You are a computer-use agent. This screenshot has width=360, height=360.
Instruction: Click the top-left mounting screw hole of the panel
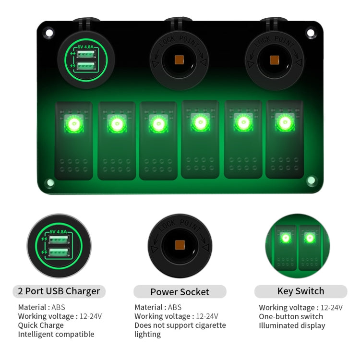coord(49,33)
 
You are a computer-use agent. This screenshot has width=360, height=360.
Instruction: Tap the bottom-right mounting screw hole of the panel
coord(311,180)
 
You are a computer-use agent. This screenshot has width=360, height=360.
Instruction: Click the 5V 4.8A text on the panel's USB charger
coord(85,47)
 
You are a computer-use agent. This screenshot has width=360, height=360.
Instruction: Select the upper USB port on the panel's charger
coord(86,54)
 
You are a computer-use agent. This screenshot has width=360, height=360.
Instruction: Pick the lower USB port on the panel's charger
coord(86,66)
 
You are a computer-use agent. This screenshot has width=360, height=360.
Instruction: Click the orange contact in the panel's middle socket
coord(179,60)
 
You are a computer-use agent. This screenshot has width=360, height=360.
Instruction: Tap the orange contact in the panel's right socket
coord(275,60)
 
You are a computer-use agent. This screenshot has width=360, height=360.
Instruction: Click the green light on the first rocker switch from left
coord(74,124)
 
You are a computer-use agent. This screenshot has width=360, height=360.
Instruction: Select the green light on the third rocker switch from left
coord(158,124)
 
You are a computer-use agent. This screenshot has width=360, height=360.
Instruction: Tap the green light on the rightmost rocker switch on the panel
coord(285,122)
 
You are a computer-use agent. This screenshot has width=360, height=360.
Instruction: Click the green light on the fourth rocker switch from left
coord(200,122)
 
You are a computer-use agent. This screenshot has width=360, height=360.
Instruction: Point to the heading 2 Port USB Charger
coord(59,291)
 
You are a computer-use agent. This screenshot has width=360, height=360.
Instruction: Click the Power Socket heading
coord(180,292)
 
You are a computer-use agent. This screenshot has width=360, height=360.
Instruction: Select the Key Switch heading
coord(301,291)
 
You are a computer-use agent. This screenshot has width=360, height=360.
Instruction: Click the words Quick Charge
coord(41,325)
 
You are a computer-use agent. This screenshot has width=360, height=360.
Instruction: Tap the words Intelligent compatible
coord(56,334)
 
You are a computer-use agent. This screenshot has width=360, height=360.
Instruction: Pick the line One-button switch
coord(291,317)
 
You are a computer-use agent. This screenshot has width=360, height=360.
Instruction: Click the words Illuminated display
coord(292,325)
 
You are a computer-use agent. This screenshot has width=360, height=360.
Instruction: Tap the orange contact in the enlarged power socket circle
coord(180,245)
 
